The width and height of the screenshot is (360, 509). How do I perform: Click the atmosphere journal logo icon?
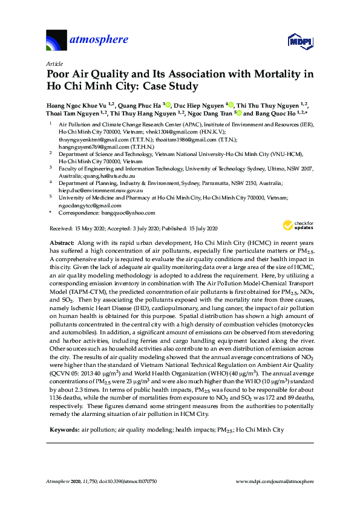pos(57,40)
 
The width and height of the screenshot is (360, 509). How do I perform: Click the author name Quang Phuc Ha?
pos(139,105)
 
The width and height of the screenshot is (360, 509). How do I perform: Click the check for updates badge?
pos(295,225)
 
